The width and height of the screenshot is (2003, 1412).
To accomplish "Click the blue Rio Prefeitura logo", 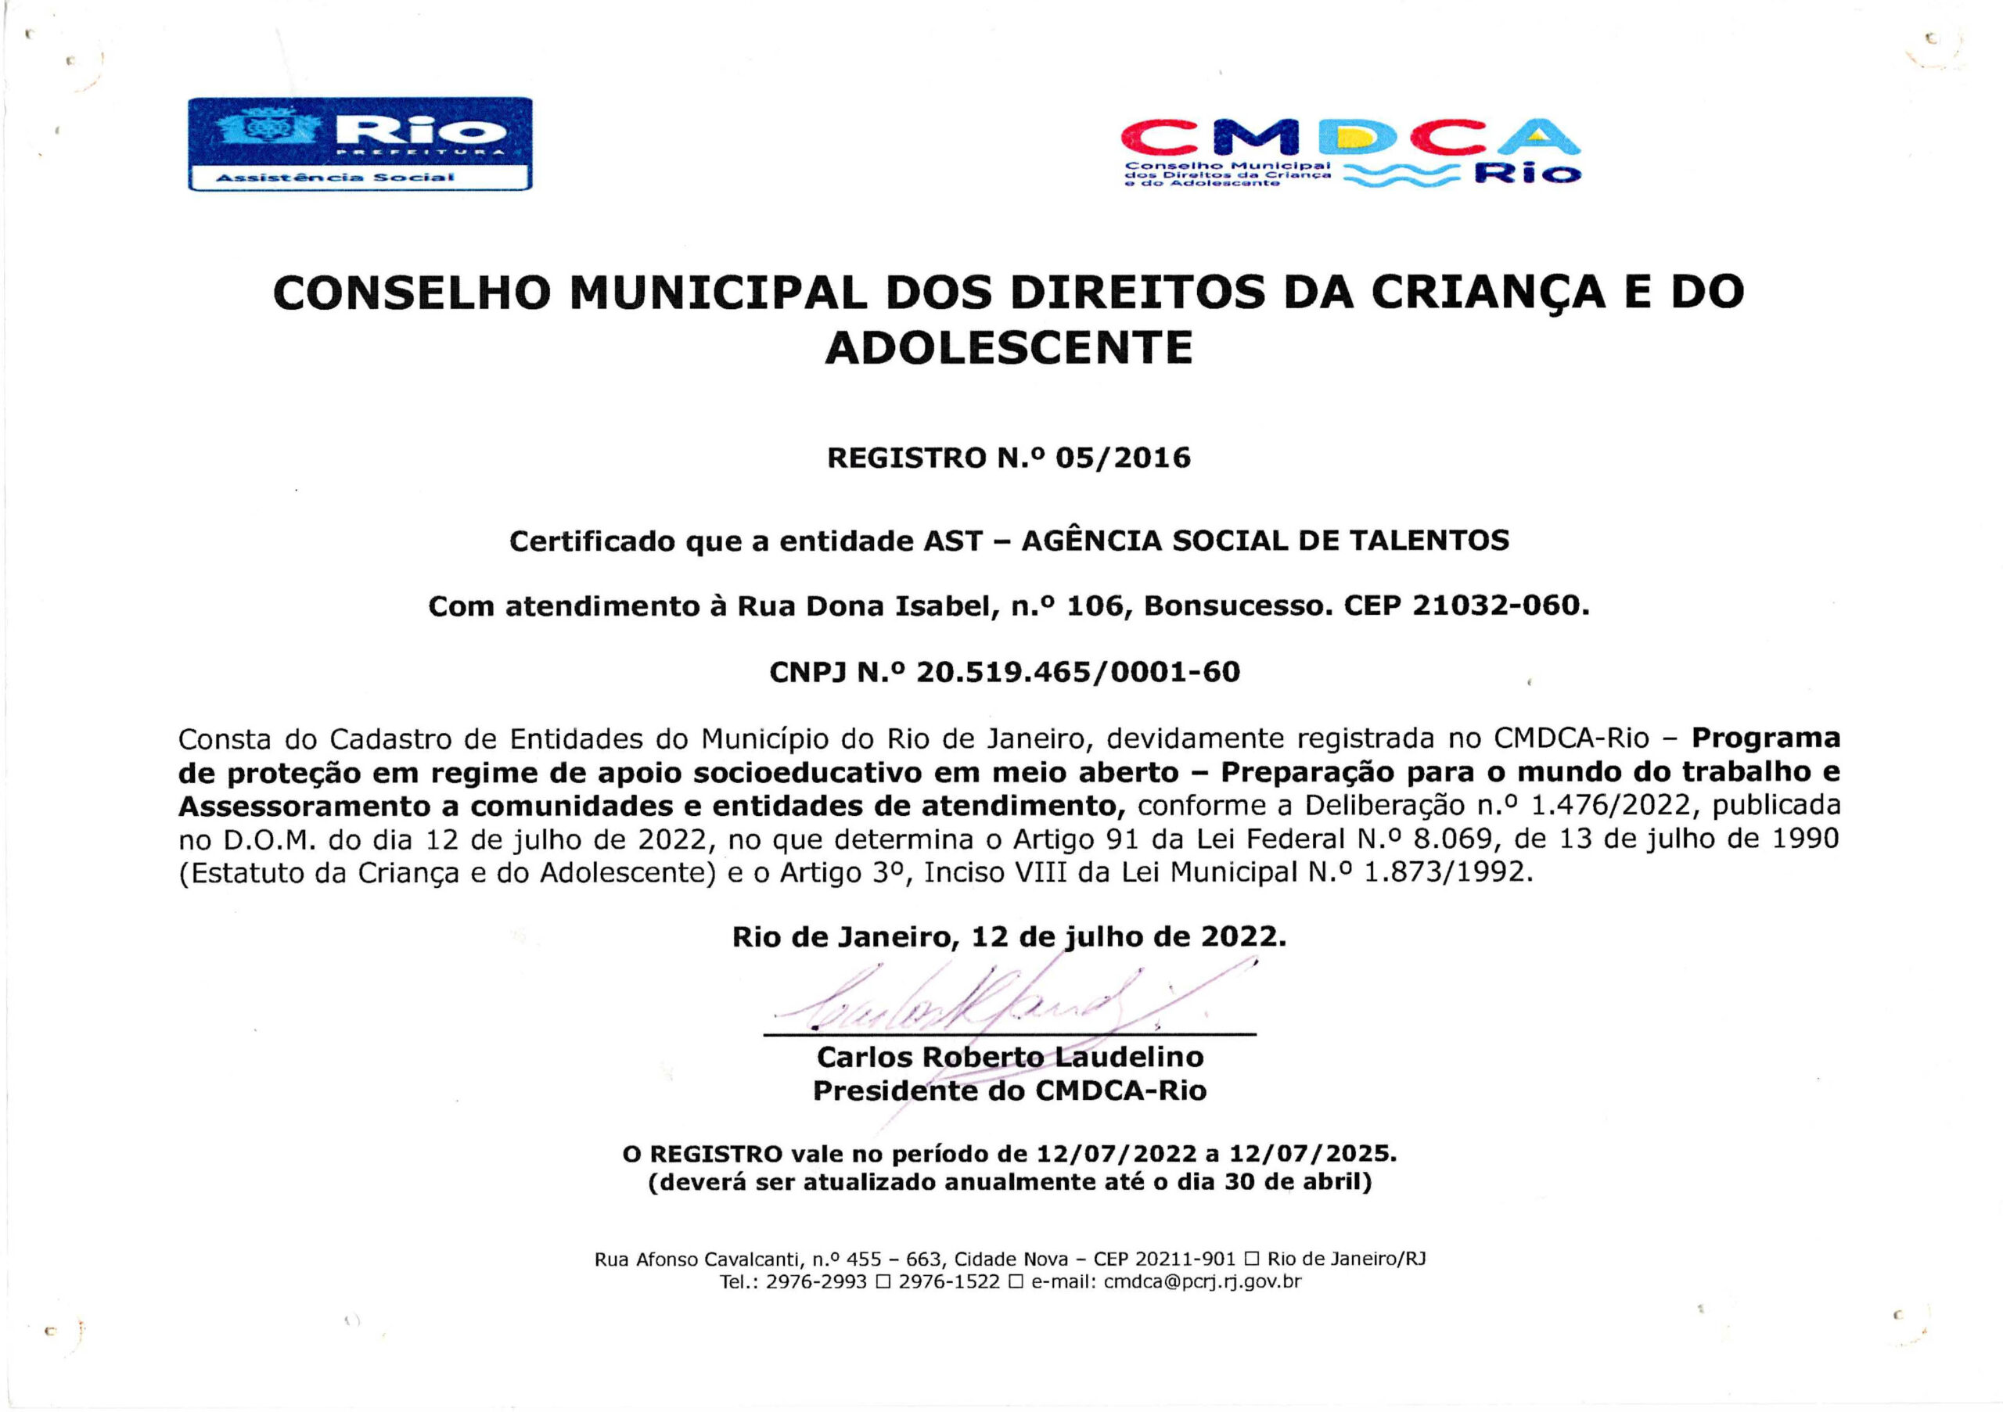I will click(359, 143).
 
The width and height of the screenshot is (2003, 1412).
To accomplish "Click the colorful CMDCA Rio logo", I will click(1350, 152).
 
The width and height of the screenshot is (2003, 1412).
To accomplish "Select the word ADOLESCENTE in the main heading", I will click(1009, 348).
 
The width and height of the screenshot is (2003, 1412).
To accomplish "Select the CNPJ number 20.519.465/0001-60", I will click(1077, 671).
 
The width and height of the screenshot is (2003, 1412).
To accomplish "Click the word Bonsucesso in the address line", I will click(1238, 605).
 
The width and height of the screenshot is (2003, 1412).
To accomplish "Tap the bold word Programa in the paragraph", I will click(1766, 738).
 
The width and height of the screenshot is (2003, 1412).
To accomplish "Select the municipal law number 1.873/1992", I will click(1447, 872).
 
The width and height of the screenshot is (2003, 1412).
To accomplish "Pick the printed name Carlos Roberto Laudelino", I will click(1009, 1057).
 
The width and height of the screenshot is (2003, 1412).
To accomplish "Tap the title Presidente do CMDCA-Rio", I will click(1009, 1090).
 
